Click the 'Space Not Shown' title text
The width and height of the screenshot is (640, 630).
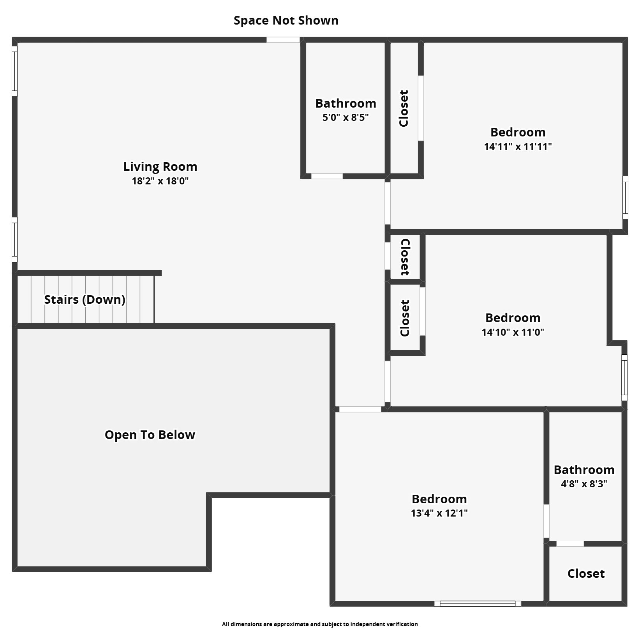click(x=286, y=20)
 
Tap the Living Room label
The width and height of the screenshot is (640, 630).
click(x=160, y=166)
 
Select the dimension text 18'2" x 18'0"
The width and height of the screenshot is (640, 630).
click(x=160, y=181)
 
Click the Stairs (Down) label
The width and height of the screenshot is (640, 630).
click(x=85, y=299)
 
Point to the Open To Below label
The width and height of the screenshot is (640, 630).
click(x=150, y=435)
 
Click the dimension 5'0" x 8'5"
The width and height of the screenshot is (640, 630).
click(x=346, y=117)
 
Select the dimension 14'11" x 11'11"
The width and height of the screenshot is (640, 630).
click(x=518, y=147)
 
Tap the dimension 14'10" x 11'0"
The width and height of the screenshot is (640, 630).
click(x=513, y=332)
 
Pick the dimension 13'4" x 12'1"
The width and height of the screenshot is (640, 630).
click(x=439, y=513)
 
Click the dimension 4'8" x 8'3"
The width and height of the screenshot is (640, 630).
click(x=584, y=484)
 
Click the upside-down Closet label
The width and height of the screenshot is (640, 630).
click(x=405, y=257)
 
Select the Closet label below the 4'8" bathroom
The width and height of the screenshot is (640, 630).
click(x=586, y=573)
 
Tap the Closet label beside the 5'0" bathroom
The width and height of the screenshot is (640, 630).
click(x=404, y=108)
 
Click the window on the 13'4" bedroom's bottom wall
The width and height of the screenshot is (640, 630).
click(x=478, y=603)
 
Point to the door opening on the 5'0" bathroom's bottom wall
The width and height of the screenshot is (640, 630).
click(x=327, y=176)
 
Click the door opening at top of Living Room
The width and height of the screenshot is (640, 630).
click(x=283, y=40)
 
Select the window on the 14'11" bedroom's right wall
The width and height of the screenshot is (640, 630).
click(x=625, y=197)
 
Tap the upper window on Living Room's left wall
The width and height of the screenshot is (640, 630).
click(x=14, y=71)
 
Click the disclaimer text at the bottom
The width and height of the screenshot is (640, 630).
click(x=320, y=624)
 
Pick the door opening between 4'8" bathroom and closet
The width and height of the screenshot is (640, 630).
click(x=570, y=543)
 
